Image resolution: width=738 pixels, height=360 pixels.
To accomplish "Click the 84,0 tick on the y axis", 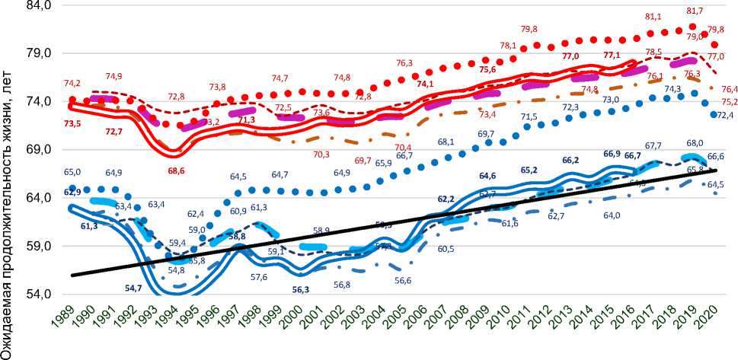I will (37, 5).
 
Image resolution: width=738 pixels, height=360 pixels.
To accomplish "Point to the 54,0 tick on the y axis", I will (37, 295).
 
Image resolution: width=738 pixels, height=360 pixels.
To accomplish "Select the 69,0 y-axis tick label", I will (37, 150).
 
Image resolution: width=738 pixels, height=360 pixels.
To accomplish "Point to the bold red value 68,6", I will (177, 170).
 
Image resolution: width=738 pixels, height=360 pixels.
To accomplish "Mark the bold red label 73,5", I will (73, 123).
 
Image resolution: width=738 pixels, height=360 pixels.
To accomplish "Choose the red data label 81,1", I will (632, 17).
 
